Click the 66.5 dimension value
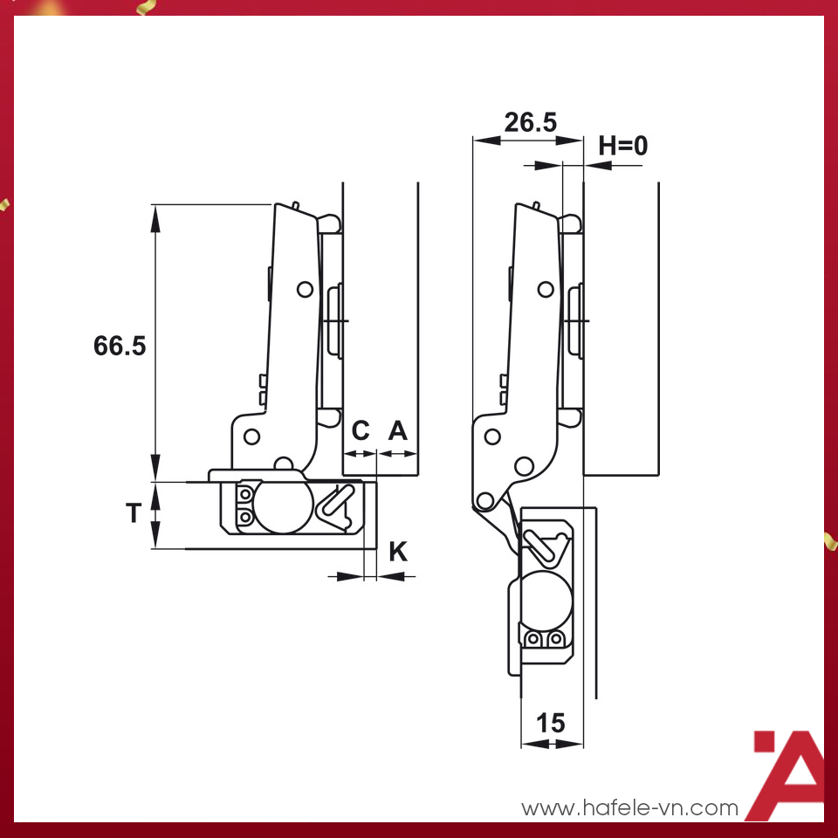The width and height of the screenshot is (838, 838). (120, 346)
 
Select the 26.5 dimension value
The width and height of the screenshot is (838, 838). (530, 122)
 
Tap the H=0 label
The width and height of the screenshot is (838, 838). (623, 145)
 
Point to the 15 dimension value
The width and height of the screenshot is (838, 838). (551, 723)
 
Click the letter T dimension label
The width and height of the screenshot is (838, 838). (133, 514)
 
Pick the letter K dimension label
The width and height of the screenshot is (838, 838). (397, 551)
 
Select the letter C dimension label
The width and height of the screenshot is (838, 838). (361, 430)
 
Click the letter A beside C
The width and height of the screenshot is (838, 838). (397, 430)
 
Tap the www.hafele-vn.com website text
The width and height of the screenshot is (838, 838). (629, 808)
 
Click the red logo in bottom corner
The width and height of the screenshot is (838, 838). (788, 775)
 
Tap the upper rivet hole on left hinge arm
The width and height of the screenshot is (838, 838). (304, 289)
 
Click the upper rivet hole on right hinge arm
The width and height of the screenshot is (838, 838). (545, 289)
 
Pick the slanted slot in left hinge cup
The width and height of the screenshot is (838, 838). (336, 500)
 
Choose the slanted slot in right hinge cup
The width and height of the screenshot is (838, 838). (541, 546)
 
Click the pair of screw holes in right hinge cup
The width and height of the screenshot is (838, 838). (543, 641)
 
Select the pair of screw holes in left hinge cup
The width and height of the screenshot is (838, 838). (245, 506)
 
